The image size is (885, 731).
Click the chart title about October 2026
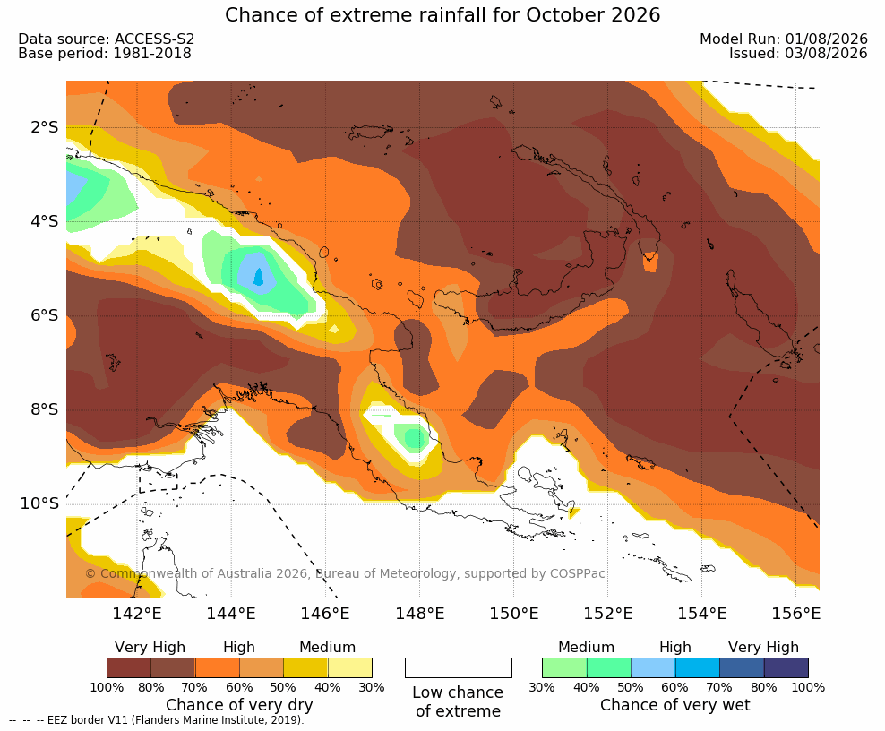click(x=442, y=15)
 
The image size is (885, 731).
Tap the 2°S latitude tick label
click(x=44, y=127)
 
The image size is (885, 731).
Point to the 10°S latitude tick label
click(x=39, y=503)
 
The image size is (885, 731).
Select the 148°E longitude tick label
click(x=419, y=613)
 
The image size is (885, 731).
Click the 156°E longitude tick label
click(x=795, y=613)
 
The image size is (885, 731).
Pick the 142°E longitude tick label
click(x=137, y=613)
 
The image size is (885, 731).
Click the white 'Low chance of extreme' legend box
click(x=459, y=667)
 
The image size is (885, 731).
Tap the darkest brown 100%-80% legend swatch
click(x=129, y=667)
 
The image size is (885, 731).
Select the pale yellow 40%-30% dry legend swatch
click(x=350, y=667)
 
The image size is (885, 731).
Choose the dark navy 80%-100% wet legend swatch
click(x=786, y=667)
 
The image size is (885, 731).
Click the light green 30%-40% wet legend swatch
click(x=564, y=667)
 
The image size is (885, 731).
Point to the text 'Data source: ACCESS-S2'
click(x=106, y=39)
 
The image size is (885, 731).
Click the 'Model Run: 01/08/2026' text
click(x=784, y=39)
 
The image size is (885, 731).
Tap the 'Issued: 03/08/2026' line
click(x=798, y=54)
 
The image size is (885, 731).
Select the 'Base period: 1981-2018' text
click(x=105, y=54)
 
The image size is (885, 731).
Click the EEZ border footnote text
click(x=157, y=720)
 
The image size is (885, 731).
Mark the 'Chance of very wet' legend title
click(x=675, y=705)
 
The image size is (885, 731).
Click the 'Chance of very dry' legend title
click(x=239, y=705)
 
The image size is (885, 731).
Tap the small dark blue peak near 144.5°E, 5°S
click(x=259, y=277)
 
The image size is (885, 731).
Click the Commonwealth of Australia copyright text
click(x=345, y=573)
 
